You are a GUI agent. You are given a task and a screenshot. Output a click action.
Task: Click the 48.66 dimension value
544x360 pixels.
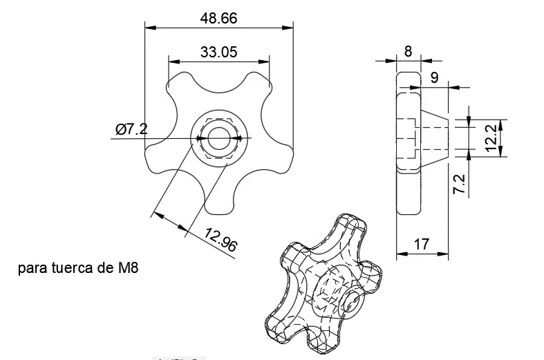(218, 19)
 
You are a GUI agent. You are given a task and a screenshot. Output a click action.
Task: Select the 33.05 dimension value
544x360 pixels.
(219, 51)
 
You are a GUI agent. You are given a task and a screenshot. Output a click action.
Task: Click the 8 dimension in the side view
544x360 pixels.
(407, 50)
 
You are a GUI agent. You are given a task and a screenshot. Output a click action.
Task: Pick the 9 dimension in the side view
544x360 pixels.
(433, 77)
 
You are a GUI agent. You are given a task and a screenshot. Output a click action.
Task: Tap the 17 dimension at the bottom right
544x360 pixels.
(422, 244)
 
